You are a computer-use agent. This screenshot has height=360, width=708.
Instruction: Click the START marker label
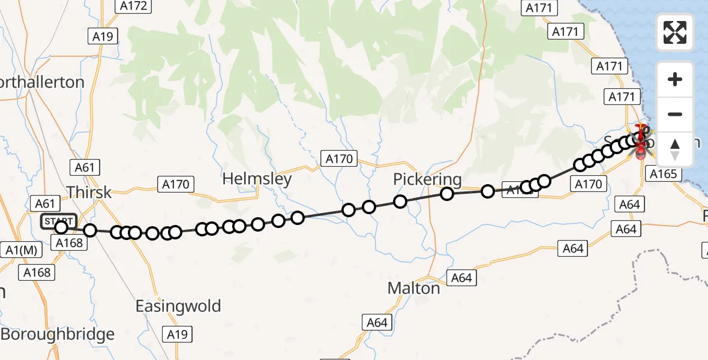pos(59,221)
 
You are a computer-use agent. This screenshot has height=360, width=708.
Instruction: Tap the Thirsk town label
pos(89,192)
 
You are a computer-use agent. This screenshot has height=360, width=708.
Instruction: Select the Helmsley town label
pos(257,179)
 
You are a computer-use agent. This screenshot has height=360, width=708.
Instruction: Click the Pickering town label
pos(428,179)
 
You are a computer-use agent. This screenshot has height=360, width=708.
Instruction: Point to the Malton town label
pos(413,288)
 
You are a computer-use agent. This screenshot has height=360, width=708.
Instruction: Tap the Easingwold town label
pos(178,306)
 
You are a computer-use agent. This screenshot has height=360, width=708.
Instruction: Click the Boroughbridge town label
pos(58,334)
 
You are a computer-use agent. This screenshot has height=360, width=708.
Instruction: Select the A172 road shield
pos(133,6)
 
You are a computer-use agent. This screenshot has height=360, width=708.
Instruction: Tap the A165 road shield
pos(663,174)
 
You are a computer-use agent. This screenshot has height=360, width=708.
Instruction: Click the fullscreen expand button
pos(675,32)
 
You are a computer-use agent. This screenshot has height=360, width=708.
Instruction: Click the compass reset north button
pos(675,149)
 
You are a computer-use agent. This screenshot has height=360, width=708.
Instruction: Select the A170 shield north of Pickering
pos(339,159)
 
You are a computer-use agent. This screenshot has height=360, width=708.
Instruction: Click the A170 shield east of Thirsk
pos(176,184)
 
